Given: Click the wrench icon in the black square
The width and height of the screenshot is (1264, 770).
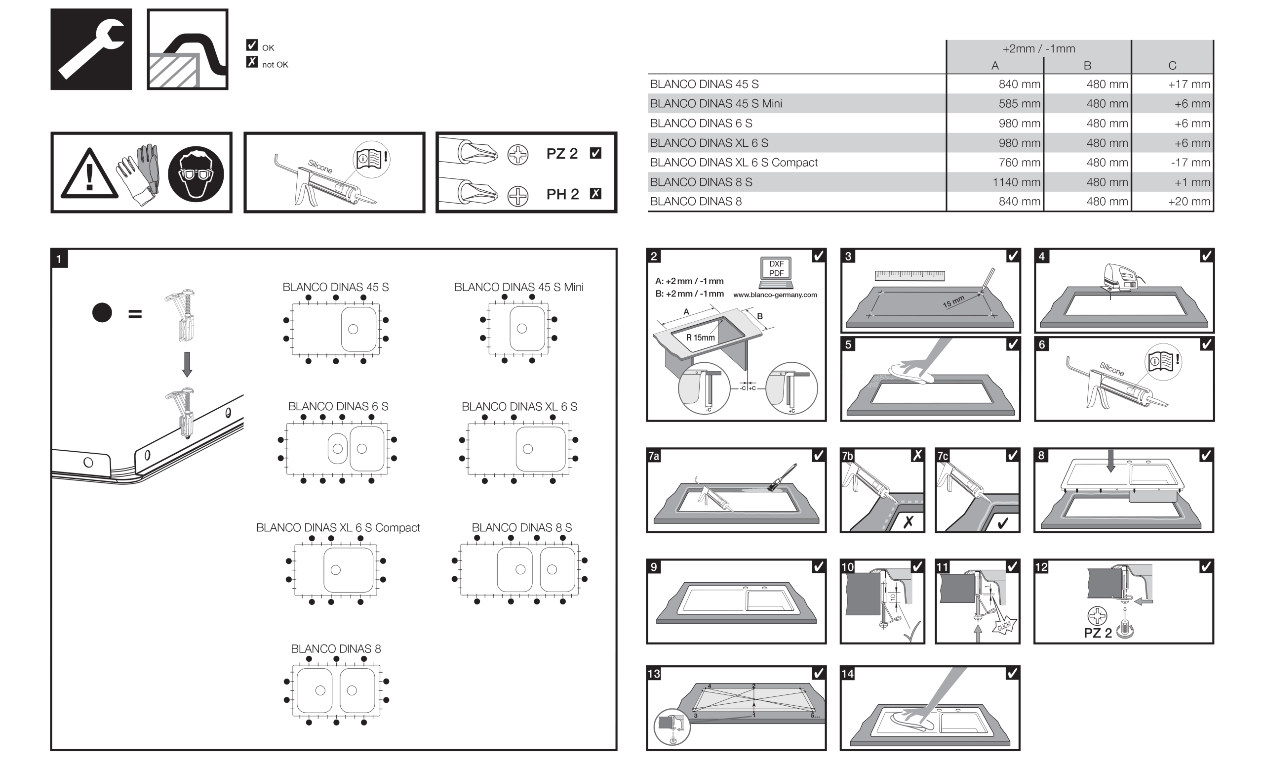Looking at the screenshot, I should (x=91, y=49).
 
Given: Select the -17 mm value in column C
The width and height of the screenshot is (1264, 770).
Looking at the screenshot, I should (x=1190, y=163).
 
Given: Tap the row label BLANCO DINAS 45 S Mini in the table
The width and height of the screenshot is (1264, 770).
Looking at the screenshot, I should (x=715, y=104).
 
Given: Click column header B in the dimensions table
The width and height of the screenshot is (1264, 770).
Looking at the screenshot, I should (x=1087, y=66).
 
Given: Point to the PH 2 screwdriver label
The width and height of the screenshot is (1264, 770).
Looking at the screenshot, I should (x=562, y=195).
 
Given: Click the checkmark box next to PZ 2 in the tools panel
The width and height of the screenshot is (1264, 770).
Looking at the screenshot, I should (x=595, y=154).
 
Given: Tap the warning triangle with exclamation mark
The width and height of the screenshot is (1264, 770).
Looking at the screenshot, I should (x=89, y=174).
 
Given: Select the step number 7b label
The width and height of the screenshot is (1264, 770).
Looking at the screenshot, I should (x=847, y=456).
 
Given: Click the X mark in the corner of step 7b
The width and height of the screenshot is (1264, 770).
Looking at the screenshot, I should (x=917, y=455).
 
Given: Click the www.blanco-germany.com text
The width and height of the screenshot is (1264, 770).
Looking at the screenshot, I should (x=775, y=295).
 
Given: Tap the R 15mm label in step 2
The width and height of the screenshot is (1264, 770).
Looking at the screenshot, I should (x=700, y=338).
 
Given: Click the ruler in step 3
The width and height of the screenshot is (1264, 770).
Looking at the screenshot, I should (x=909, y=276).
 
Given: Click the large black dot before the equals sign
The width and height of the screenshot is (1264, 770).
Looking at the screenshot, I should (x=102, y=313).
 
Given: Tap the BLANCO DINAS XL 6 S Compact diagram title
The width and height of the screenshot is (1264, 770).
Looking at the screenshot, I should (x=338, y=528).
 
